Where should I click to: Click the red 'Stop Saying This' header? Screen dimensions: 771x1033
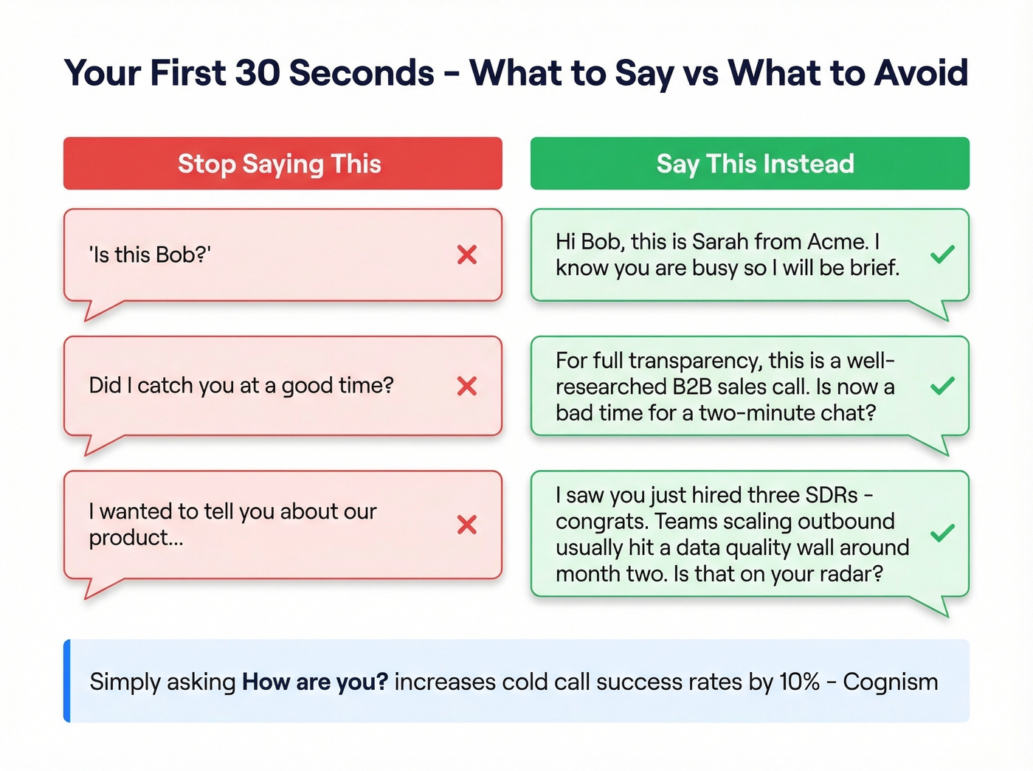(x=283, y=163)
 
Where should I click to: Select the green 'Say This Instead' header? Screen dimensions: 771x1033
(x=750, y=163)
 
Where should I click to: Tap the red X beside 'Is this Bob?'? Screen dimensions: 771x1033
(x=467, y=255)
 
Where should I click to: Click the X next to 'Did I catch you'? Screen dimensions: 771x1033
(x=467, y=386)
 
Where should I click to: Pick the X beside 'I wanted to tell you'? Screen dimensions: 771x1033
(x=467, y=525)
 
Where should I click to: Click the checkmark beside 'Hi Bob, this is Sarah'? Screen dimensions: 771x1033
(x=942, y=255)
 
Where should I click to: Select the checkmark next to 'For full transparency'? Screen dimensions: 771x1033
(x=942, y=386)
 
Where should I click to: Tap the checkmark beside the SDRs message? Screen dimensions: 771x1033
(x=942, y=533)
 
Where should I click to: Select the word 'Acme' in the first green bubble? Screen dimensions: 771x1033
(x=837, y=242)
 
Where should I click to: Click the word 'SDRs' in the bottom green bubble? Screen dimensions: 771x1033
(x=832, y=495)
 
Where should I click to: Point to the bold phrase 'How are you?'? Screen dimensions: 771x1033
(x=315, y=682)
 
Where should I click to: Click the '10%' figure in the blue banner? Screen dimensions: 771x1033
(x=799, y=682)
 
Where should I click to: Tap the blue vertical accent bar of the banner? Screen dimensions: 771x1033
(x=67, y=680)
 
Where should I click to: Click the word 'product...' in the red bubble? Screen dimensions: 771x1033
(x=136, y=538)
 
